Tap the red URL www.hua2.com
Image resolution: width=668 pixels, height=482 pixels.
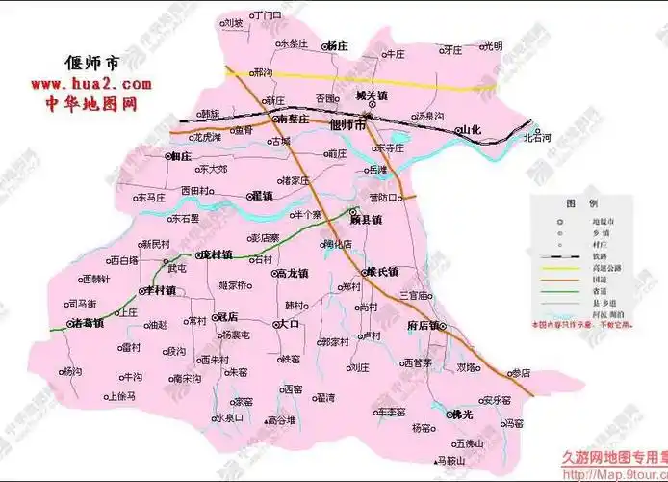click(x=95, y=85)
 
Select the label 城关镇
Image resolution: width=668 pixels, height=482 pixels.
click(x=371, y=96)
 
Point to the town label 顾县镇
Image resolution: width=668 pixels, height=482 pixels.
click(x=366, y=220)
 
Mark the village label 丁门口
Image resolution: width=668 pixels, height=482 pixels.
click(x=267, y=16)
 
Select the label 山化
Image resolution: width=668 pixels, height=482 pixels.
click(x=469, y=129)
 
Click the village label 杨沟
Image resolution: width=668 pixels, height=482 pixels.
click(x=72, y=372)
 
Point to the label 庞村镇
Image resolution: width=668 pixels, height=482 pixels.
click(x=215, y=255)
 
